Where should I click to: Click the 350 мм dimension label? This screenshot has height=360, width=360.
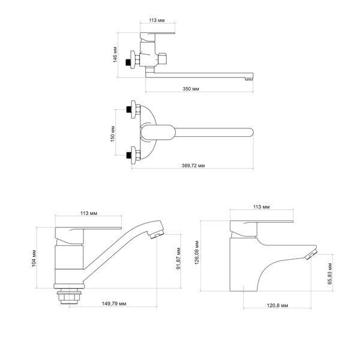click(x=191, y=89)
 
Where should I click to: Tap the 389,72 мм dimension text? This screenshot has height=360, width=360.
click(x=193, y=166)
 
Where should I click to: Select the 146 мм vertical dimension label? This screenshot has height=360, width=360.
click(x=115, y=55)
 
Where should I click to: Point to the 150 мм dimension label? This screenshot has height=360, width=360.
click(x=113, y=134)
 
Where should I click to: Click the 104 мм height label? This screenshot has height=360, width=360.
click(x=34, y=258)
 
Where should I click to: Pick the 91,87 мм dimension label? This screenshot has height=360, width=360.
click(x=179, y=258)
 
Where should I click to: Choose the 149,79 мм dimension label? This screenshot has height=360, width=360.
click(x=114, y=304)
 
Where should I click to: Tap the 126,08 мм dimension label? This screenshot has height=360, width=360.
click(x=197, y=253)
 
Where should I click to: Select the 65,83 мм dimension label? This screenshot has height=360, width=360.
click(x=329, y=274)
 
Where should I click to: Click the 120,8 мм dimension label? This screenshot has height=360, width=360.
click(x=277, y=305)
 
